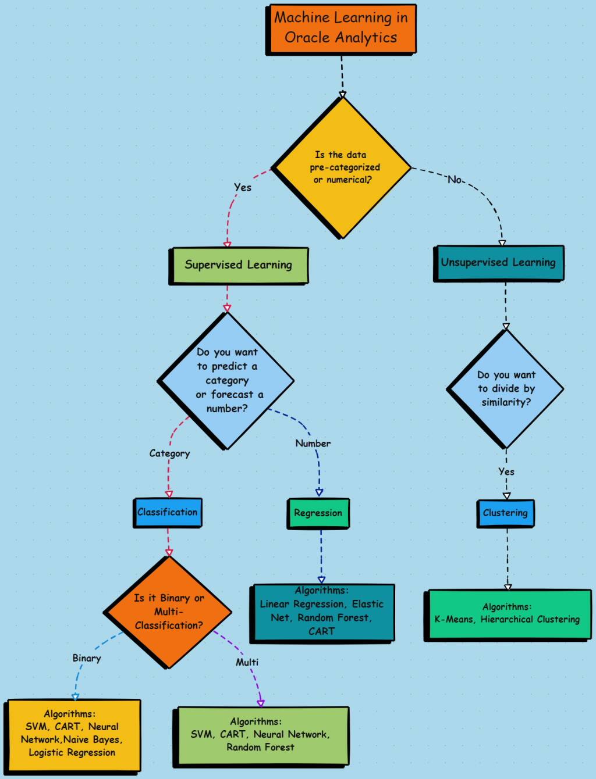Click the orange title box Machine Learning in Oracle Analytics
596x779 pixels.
point(341,29)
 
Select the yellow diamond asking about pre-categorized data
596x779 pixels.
point(342,167)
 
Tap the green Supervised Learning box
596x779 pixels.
point(238,265)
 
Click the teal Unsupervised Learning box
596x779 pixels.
point(498,263)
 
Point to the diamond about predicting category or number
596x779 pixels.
point(226,381)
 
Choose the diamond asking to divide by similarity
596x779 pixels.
point(505,388)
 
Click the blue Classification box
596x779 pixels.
point(168,512)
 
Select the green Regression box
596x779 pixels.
point(318,513)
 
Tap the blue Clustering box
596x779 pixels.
point(505,513)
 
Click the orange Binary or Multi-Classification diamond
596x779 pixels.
point(168,612)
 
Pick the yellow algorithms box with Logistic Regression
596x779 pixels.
point(73,735)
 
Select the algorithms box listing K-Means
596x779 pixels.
point(507,614)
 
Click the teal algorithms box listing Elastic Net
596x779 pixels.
point(322,612)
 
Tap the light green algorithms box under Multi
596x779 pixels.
point(261,735)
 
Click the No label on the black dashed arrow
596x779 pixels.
point(455,180)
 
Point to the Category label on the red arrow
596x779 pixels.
point(169,453)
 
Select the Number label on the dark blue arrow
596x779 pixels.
point(313,444)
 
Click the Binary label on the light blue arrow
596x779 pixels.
point(87,658)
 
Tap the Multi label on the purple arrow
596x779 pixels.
point(247,662)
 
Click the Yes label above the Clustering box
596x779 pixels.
point(506,471)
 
